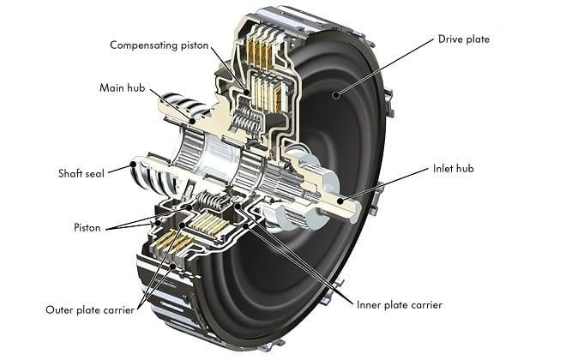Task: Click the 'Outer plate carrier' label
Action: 91,309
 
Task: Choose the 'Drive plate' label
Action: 464,39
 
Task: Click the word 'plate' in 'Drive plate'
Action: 478,39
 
